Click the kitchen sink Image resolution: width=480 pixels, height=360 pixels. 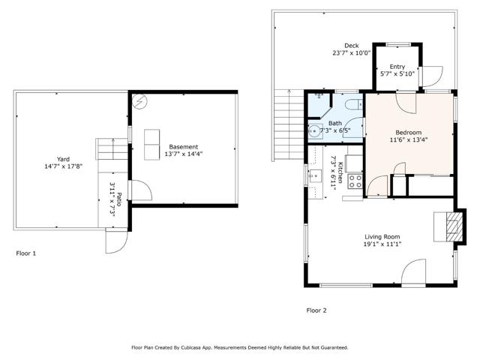[x=315, y=177]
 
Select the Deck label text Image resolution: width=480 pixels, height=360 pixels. [x=351, y=45]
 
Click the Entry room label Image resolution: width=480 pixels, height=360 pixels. [x=397, y=67]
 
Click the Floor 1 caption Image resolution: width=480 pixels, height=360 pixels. [x=26, y=253]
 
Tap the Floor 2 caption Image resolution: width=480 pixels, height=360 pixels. [x=316, y=310]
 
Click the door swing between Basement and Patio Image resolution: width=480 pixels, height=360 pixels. [x=138, y=190]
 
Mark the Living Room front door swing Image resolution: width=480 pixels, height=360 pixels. [x=414, y=273]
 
